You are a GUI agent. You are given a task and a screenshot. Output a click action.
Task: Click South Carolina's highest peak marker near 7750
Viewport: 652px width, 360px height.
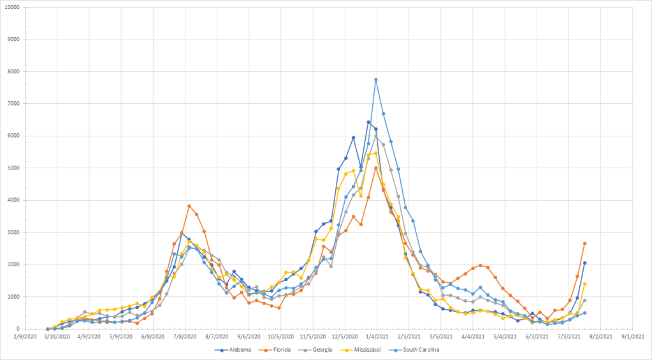click(x=376, y=80)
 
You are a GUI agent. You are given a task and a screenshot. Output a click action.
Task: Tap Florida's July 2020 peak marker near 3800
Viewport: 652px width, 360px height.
click(x=189, y=206)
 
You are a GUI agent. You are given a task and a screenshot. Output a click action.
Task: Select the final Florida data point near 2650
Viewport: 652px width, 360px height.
click(x=584, y=243)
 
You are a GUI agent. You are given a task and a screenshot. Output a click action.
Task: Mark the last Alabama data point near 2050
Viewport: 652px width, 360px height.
click(x=584, y=263)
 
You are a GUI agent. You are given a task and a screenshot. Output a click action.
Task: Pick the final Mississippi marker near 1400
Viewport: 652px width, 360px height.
click(x=584, y=284)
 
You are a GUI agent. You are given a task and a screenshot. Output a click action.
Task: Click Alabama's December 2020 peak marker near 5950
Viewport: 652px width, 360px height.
click(x=353, y=137)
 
